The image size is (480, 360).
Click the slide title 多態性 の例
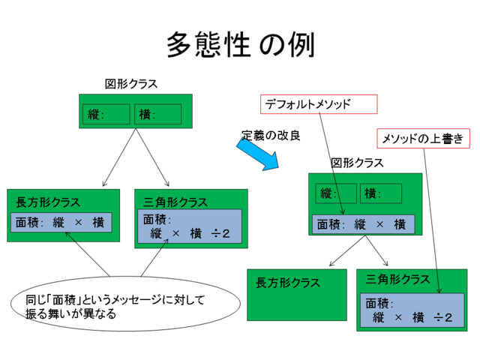240,43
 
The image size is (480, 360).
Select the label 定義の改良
271,136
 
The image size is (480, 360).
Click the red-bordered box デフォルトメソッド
318,104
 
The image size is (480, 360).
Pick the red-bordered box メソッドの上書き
423,139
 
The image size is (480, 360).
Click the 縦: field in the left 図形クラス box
105,114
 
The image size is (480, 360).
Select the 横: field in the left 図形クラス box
158,114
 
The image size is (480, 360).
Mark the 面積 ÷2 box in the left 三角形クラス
189,226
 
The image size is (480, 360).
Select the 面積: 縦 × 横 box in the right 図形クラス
362,223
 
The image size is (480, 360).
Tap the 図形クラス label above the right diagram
357,163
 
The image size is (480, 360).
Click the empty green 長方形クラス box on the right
297,295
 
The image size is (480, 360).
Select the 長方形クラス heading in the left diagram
48,202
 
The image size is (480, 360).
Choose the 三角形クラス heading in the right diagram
397,280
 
